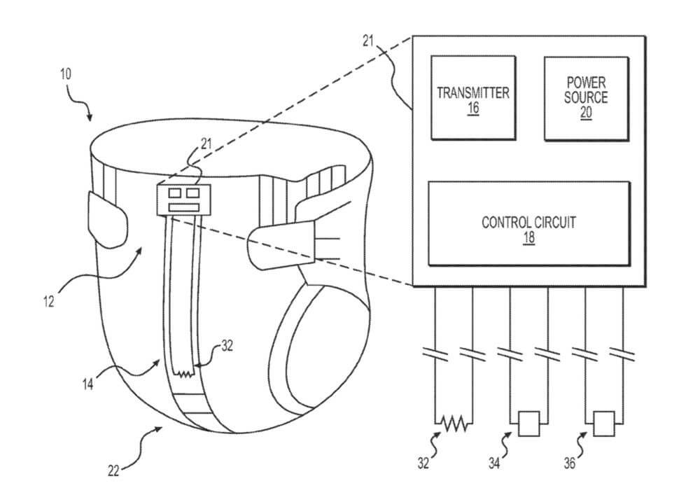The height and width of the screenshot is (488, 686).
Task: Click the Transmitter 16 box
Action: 473,97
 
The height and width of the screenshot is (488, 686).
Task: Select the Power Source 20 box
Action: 587,99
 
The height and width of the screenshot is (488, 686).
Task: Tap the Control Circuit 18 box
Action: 529,223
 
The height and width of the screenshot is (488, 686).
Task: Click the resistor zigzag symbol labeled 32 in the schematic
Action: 454,424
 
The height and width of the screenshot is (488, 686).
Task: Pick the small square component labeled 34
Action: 529,423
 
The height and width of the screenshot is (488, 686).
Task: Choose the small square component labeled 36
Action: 603,423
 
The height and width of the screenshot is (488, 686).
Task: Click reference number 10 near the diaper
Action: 66,74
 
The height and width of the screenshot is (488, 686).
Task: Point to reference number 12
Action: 49,302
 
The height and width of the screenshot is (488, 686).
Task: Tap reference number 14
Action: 88,384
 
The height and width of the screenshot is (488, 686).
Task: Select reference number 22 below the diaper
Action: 113,471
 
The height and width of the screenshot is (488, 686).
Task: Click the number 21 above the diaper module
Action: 206,144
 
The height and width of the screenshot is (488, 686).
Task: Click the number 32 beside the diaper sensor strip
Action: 227,346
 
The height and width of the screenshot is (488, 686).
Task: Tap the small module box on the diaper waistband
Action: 183,200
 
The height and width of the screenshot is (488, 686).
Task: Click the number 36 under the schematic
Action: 569,463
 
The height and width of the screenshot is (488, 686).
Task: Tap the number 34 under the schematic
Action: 494,463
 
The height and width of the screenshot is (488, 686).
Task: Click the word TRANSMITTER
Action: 473,93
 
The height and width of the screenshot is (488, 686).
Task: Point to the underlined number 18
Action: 529,237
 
